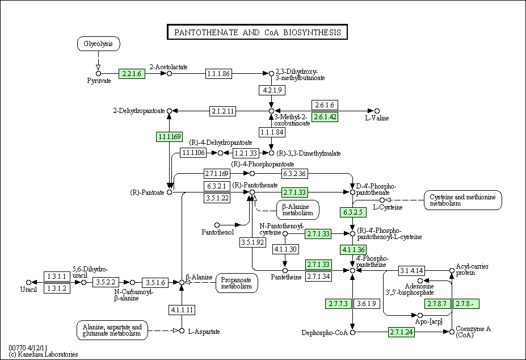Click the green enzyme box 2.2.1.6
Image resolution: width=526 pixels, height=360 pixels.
132,74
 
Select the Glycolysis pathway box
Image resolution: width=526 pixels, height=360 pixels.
98,44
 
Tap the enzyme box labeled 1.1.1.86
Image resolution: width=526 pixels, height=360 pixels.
218,74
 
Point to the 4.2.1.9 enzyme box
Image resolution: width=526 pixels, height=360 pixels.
272,90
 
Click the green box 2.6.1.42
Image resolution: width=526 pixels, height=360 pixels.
325,117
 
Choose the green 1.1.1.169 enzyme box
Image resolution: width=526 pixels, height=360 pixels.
170,137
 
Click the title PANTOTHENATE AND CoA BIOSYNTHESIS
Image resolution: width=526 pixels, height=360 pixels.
257,32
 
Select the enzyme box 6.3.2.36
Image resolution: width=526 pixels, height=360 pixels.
294,174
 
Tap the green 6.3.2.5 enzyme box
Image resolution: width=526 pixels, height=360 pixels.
353,212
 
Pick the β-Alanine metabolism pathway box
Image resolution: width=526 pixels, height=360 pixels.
297,210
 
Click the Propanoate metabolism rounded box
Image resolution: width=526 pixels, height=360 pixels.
237,283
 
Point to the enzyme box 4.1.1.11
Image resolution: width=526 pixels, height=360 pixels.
182,309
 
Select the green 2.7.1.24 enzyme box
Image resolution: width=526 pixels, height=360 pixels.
401,332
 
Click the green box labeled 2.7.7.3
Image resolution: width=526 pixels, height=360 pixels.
338,304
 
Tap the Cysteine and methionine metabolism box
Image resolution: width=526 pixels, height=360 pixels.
462,200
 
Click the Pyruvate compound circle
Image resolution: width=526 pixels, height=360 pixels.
98,74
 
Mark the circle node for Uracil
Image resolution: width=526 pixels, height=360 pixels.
28,282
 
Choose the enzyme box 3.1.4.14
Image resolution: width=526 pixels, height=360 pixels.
411,270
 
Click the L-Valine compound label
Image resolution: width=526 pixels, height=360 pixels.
377,118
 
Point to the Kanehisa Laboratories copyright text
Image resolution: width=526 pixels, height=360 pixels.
43,354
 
